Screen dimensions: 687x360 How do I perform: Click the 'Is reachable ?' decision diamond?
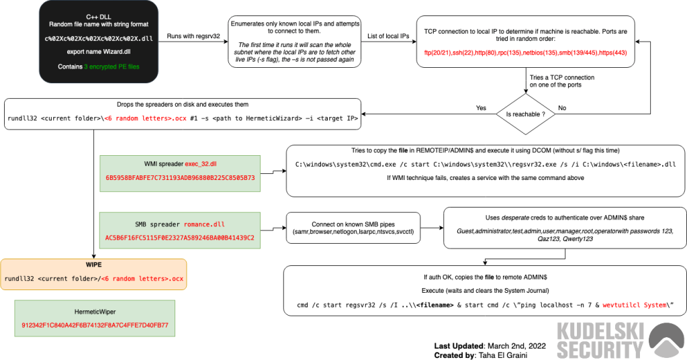(x=526, y=114)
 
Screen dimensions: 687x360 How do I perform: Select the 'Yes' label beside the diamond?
(x=481, y=107)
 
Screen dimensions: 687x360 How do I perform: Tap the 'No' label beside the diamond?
(x=562, y=107)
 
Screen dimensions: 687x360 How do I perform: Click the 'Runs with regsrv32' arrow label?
(x=193, y=36)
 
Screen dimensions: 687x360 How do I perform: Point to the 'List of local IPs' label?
(x=388, y=36)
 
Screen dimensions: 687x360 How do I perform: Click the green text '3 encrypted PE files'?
(x=111, y=66)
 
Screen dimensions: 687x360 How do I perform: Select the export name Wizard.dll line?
(x=99, y=52)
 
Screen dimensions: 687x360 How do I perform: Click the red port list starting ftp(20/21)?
(x=525, y=52)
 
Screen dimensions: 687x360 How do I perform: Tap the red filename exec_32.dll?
(x=201, y=164)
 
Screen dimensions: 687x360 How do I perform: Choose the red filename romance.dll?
(x=204, y=224)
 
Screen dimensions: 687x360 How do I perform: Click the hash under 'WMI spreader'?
(x=180, y=178)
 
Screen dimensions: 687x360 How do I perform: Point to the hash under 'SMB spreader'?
(x=179, y=238)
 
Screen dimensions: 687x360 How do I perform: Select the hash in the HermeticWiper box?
(x=95, y=325)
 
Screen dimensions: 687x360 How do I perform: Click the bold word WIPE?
(x=94, y=265)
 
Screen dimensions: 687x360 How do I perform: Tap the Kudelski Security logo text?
(x=600, y=341)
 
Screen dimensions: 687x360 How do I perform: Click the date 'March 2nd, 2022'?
(x=516, y=346)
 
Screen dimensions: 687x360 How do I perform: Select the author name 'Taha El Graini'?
(x=503, y=355)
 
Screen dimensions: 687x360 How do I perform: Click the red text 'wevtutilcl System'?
(x=635, y=305)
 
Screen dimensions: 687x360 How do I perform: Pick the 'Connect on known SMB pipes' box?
(x=353, y=228)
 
